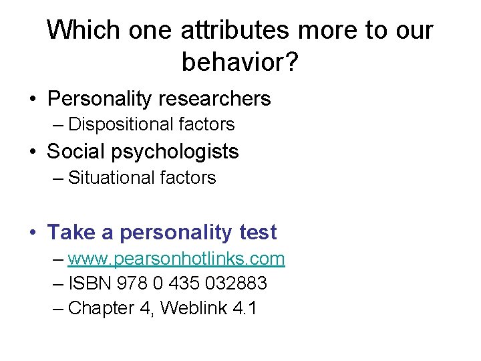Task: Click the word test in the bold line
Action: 257,233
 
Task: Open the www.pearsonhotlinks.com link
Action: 176,259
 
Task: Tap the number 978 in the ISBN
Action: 132,283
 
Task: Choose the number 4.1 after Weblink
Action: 244,308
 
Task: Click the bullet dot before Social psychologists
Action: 32,152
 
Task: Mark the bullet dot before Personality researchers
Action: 32,100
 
